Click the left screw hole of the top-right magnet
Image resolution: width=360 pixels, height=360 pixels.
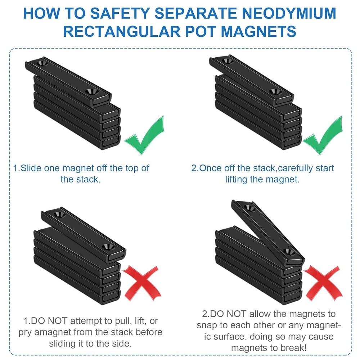pos(226,62)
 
